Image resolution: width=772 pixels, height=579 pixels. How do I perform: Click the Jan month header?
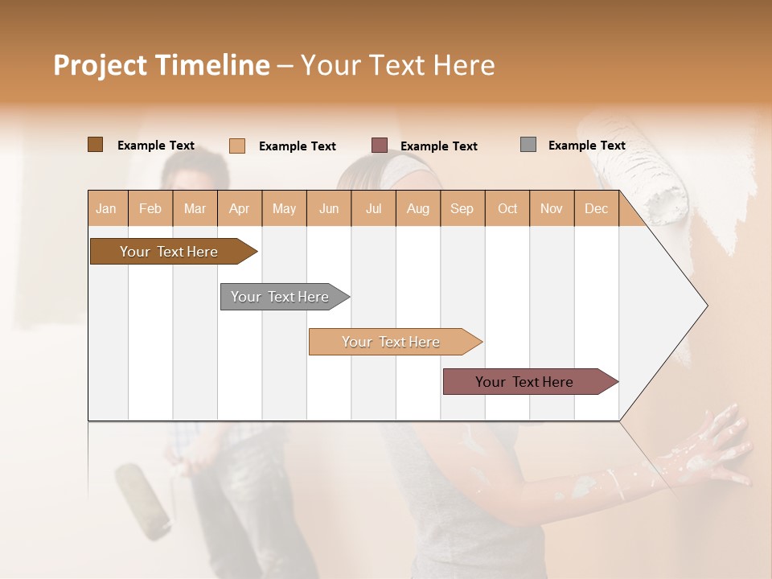click(106, 208)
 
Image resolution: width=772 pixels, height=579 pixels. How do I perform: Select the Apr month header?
click(239, 208)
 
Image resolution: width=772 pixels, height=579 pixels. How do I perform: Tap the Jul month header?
click(373, 208)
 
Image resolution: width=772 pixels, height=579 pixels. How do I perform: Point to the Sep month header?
click(462, 208)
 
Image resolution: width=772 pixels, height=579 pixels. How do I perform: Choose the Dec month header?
click(596, 208)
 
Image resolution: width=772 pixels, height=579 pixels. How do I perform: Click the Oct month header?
click(507, 208)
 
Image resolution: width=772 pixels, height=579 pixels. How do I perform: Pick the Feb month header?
click(150, 208)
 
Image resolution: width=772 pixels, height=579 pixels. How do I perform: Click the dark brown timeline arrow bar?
click(170, 252)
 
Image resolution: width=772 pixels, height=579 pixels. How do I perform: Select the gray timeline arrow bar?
click(281, 297)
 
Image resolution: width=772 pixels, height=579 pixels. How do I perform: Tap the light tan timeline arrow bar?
click(392, 342)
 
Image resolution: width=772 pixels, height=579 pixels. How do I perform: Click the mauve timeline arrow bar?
click(525, 382)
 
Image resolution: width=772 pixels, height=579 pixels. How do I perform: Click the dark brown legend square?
click(95, 145)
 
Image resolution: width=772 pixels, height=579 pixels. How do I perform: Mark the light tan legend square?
click(237, 146)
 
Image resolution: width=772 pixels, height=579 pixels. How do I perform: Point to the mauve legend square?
click(380, 146)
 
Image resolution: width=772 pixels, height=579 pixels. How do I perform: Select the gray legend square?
click(528, 145)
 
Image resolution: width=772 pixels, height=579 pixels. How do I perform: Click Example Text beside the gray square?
click(586, 146)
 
